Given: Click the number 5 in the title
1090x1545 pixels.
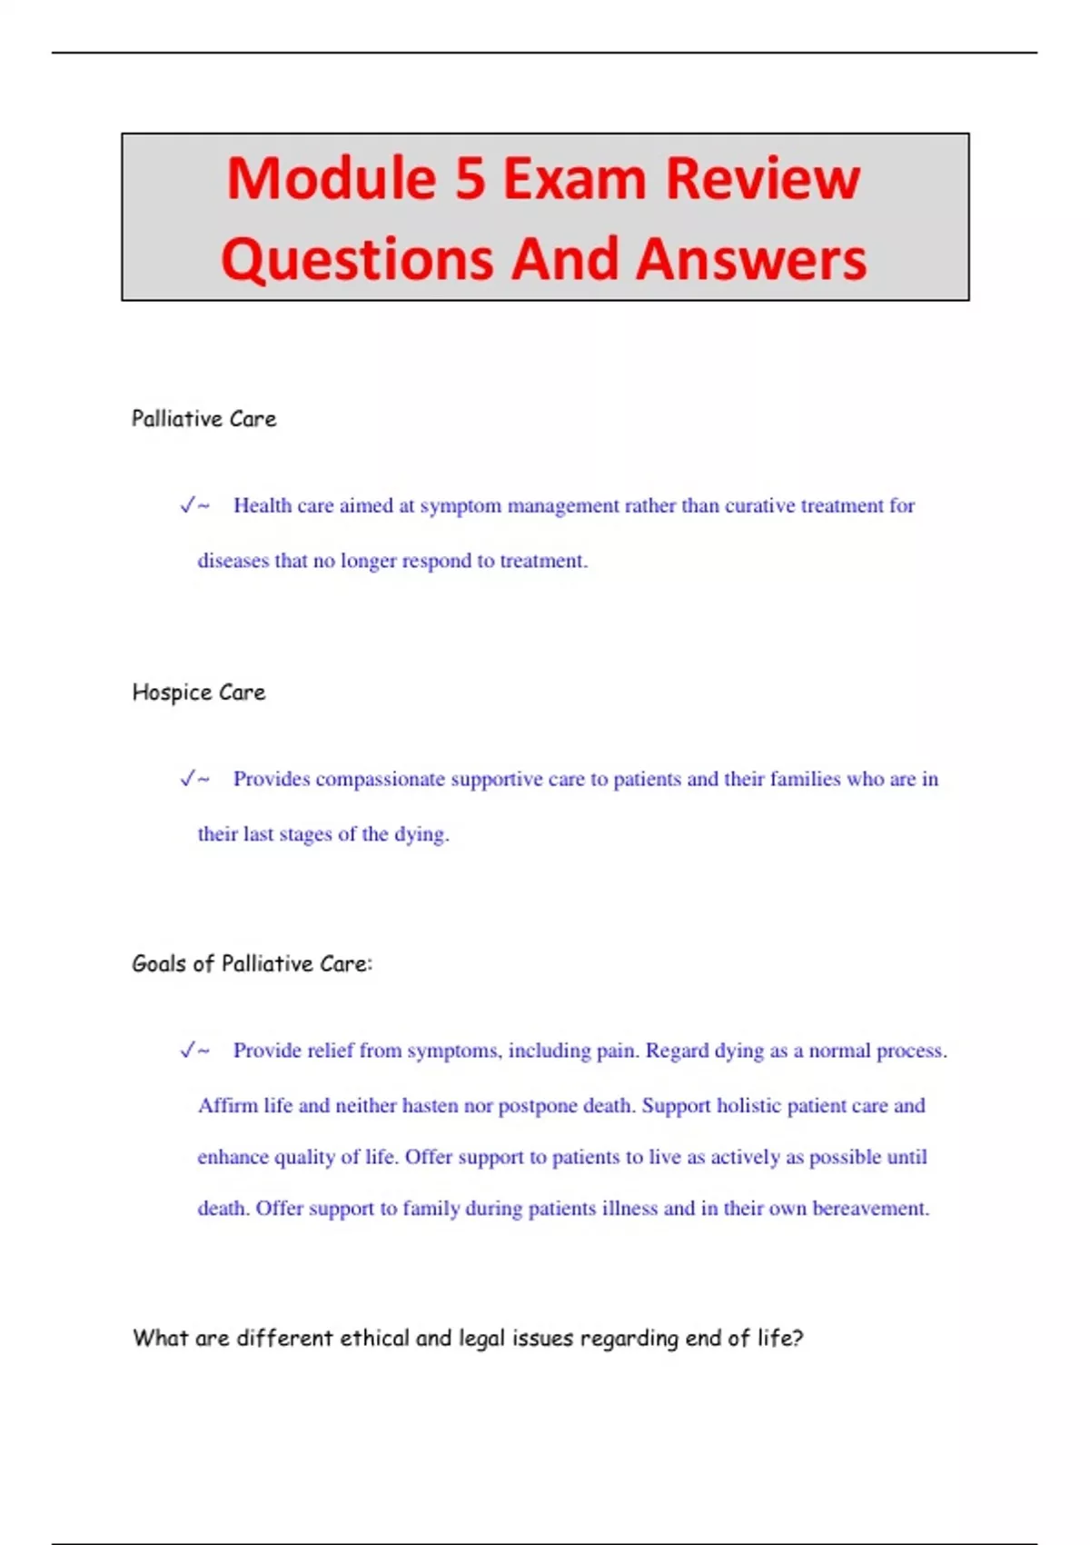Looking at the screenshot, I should (470, 178).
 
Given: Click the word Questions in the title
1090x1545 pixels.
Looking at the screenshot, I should (356, 259).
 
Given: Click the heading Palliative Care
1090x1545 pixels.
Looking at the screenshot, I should (203, 419).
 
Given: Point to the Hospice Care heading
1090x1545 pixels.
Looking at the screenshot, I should (199, 693).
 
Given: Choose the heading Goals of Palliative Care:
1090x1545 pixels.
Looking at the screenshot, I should (252, 964).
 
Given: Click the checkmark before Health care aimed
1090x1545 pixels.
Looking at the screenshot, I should (188, 505).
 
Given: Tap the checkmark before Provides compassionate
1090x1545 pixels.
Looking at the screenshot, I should (188, 779).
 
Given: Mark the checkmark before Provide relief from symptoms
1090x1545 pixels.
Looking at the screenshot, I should (188, 1051).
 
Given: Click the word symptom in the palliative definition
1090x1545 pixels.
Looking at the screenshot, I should (460, 506).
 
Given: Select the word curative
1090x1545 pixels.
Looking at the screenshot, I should (759, 505).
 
